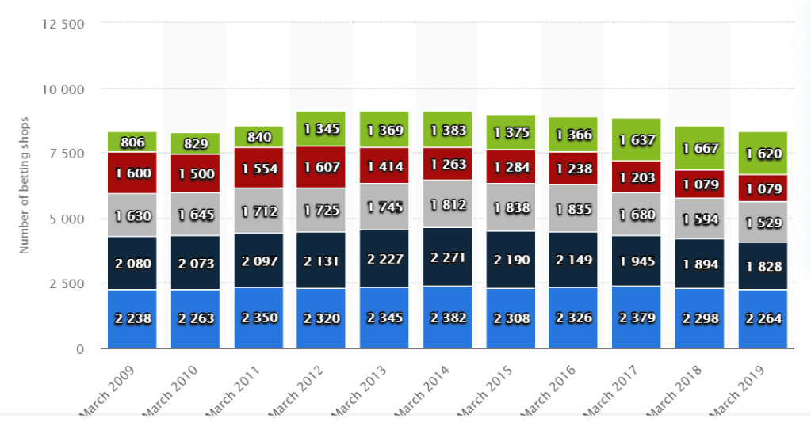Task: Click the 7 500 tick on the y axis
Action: tap(67, 154)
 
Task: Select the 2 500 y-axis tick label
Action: tap(67, 283)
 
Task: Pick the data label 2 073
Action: tap(194, 264)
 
